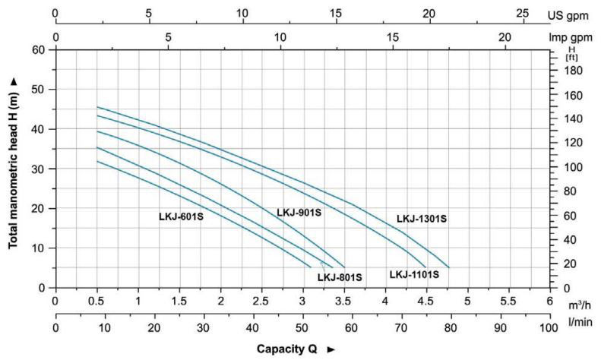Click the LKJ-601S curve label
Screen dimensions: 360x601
pos(181,216)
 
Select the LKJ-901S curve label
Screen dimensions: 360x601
pos(299,212)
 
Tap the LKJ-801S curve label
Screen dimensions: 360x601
pos(340,277)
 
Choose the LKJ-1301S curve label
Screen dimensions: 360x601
pos(421,219)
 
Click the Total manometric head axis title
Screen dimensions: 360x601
pos(14,169)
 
